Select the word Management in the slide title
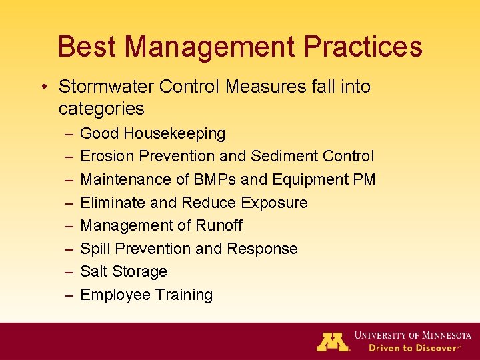pyautogui.click(x=209, y=47)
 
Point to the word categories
pyautogui.click(x=101, y=109)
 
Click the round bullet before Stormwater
pyautogui.click(x=43, y=87)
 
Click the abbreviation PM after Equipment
pyautogui.click(x=365, y=179)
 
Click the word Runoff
pyautogui.click(x=219, y=225)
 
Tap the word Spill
pyautogui.click(x=95, y=249)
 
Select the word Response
pyautogui.click(x=262, y=249)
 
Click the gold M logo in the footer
pyautogui.click(x=333, y=341)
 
